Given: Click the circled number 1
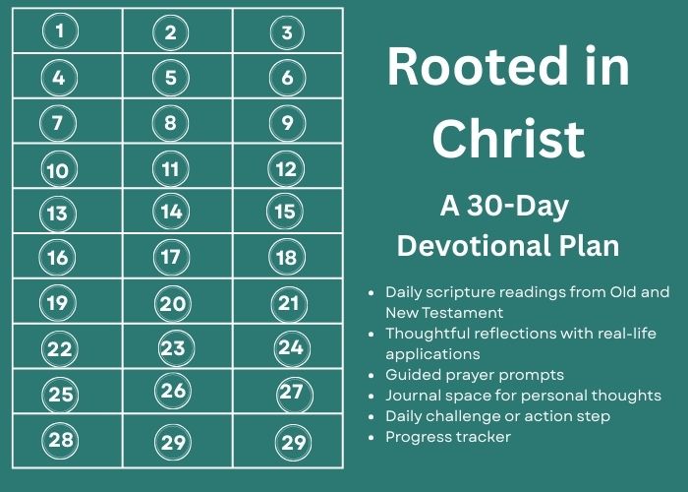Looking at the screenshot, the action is pos(60,31).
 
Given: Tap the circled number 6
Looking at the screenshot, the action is pos(287,78).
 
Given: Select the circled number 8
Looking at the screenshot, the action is pos(171,123).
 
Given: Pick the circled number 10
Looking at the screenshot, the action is pos(59,170).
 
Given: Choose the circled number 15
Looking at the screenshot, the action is pos(285,212).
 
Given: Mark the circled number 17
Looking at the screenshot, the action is pos(172,258).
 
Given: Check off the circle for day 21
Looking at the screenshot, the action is pos(289,303).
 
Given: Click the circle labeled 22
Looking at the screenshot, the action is pos(60,348).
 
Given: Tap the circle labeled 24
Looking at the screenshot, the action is pos(292,347).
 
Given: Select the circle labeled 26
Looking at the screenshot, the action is pos(173,391).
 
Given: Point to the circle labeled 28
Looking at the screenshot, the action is pos(61,440).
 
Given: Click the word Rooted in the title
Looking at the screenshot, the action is pos(477,66).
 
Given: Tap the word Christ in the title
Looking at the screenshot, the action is pos(508,139).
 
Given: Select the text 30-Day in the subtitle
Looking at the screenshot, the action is pos(518,206).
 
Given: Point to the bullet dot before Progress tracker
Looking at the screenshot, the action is pos(372,438).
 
